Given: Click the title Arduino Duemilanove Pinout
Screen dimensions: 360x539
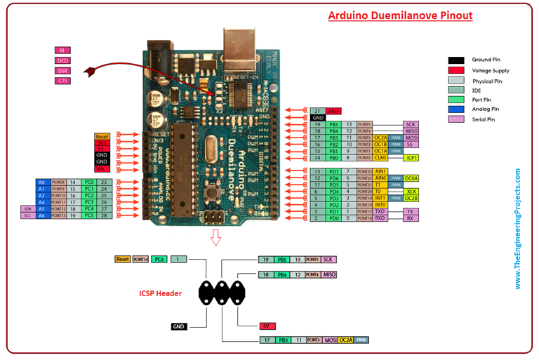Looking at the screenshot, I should pyautogui.click(x=400, y=15).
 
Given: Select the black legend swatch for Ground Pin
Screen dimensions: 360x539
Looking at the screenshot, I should pyautogui.click(x=456, y=60).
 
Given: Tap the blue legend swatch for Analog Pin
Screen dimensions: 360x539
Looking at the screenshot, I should pyautogui.click(x=456, y=109).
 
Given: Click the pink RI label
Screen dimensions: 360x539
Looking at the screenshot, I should pyautogui.click(x=62, y=51).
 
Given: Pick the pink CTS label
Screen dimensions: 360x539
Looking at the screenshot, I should pyautogui.click(x=62, y=81).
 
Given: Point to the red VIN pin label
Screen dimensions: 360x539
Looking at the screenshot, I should pyautogui.click(x=102, y=169).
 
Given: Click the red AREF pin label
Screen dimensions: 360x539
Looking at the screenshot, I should pyautogui.click(x=333, y=111).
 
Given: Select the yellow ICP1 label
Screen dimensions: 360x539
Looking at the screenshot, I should pyautogui.click(x=412, y=158).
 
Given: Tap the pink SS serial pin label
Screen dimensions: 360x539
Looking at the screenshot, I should pyautogui.click(x=412, y=144).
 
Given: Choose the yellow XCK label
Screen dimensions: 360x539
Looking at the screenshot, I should pyautogui.click(x=412, y=192).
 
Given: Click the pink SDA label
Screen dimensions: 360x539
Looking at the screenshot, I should pyautogui.click(x=27, y=209).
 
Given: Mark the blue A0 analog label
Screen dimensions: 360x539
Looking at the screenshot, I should pyautogui.click(x=42, y=182).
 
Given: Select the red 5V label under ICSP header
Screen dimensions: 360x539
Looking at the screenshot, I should pyautogui.click(x=266, y=326).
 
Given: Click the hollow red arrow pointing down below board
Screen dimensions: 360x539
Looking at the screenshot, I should pyautogui.click(x=215, y=238).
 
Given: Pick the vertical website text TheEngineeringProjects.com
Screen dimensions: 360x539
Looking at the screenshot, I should pyautogui.click(x=518, y=228).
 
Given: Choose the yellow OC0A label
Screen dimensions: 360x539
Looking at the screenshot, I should pyautogui.click(x=412, y=178).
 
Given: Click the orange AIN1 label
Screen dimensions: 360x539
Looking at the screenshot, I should pyautogui.click(x=381, y=171).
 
